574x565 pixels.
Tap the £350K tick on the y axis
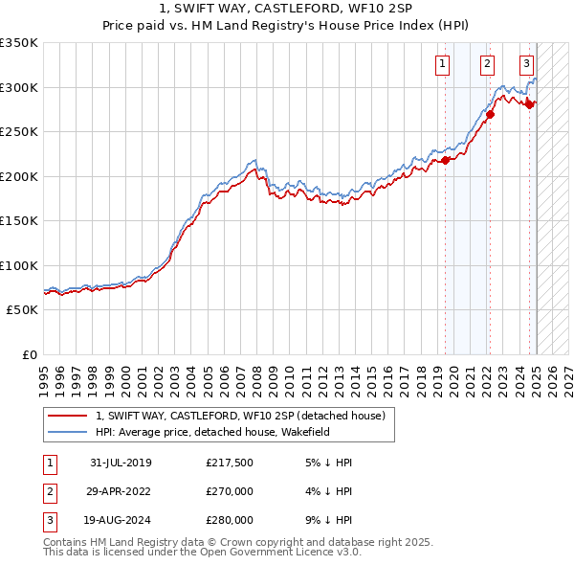19,43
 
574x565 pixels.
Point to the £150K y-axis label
19,220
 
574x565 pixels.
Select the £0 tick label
30,354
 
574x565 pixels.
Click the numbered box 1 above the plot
443,64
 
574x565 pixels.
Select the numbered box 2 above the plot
487,64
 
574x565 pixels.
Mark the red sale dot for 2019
445,161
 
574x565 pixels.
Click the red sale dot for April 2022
490,115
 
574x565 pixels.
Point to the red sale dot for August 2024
530,104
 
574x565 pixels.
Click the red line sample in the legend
67,416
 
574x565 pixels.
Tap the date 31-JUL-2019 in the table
121,463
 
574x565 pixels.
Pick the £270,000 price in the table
230,491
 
